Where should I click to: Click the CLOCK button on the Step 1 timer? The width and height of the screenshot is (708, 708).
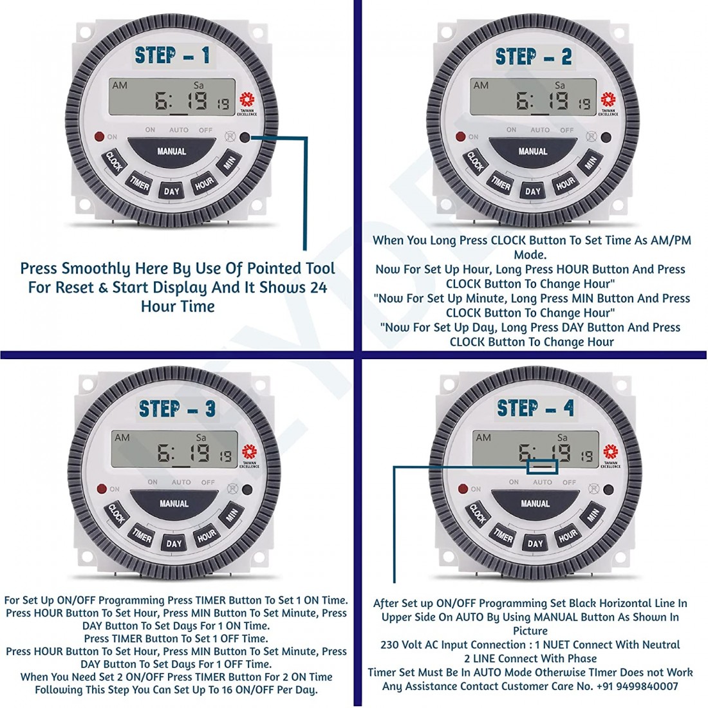114,161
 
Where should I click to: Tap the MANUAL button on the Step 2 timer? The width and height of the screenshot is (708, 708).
532,151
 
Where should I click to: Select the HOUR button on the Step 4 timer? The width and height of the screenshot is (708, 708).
567,536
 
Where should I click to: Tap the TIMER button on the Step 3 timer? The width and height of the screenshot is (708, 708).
142,536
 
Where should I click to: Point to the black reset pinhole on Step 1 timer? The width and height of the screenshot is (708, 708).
245,137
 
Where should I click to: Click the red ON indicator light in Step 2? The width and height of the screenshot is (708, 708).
460,137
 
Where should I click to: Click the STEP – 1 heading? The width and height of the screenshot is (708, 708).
172,56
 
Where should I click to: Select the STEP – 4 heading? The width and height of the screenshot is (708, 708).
535,408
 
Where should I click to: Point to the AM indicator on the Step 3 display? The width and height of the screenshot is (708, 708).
122,438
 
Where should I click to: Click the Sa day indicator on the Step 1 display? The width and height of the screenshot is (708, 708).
199,85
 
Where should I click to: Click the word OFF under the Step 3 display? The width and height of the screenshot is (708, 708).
208,482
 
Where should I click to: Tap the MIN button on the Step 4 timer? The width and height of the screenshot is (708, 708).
592,515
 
